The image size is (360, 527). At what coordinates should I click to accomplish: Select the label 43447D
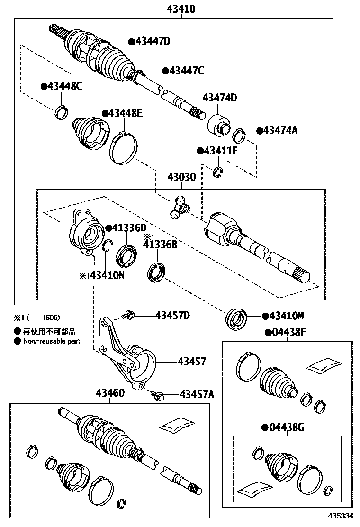(x=153, y=41)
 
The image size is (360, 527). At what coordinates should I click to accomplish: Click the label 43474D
(x=220, y=98)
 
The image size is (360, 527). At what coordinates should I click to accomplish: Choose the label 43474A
(x=280, y=130)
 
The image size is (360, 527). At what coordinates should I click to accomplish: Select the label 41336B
(x=160, y=245)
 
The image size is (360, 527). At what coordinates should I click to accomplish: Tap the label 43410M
(x=286, y=315)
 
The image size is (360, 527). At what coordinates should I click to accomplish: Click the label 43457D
(x=172, y=316)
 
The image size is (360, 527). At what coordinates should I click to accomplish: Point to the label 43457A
(x=197, y=394)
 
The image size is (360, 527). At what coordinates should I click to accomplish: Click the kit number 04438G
(x=287, y=428)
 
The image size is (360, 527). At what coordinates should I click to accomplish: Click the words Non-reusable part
(x=52, y=341)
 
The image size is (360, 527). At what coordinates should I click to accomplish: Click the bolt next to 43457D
(x=128, y=314)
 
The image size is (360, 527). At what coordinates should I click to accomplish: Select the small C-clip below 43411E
(x=218, y=172)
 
